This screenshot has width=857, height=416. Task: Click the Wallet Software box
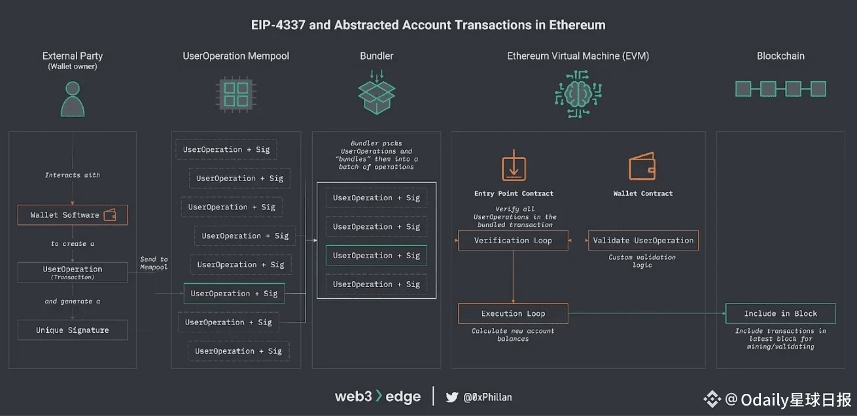pos(73,215)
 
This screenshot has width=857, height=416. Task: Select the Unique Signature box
pos(73,330)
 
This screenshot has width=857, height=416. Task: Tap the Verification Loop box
pos(513,241)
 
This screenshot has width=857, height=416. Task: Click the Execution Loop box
pos(513,314)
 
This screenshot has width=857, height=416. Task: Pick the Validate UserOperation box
pos(643,241)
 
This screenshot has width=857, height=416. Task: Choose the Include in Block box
pos(780,314)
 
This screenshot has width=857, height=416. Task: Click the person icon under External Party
pos(73,99)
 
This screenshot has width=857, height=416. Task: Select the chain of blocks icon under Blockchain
pos(780,89)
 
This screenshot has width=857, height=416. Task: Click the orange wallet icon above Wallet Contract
pos(642,166)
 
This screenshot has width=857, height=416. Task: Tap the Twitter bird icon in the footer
pos(452,397)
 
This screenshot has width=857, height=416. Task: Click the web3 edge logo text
pos(377,396)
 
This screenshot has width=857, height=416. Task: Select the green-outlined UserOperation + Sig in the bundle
pos(376,256)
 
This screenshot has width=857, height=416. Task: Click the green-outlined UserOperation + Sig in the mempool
pos(234,294)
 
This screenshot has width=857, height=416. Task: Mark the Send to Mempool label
pos(154,263)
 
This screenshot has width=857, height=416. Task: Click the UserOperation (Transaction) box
pos(73,273)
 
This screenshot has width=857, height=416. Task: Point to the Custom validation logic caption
pos(642,261)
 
